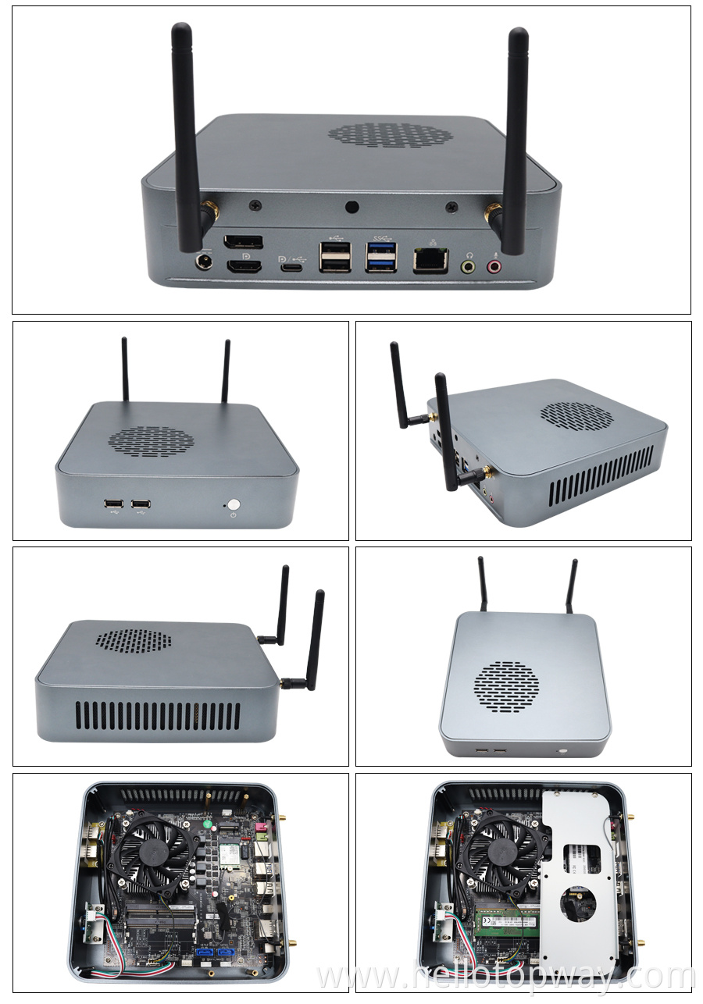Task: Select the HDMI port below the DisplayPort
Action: point(244,266)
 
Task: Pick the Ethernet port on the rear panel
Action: point(430,261)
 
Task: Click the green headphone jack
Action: point(468,266)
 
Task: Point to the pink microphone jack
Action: point(494,266)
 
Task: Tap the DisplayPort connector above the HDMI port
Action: point(243,243)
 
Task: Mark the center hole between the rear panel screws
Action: point(352,207)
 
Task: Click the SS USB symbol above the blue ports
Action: point(381,236)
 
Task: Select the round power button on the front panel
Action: point(233,504)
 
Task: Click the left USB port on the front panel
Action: point(112,504)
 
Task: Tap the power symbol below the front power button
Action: point(233,516)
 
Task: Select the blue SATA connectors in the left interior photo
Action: point(216,953)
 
